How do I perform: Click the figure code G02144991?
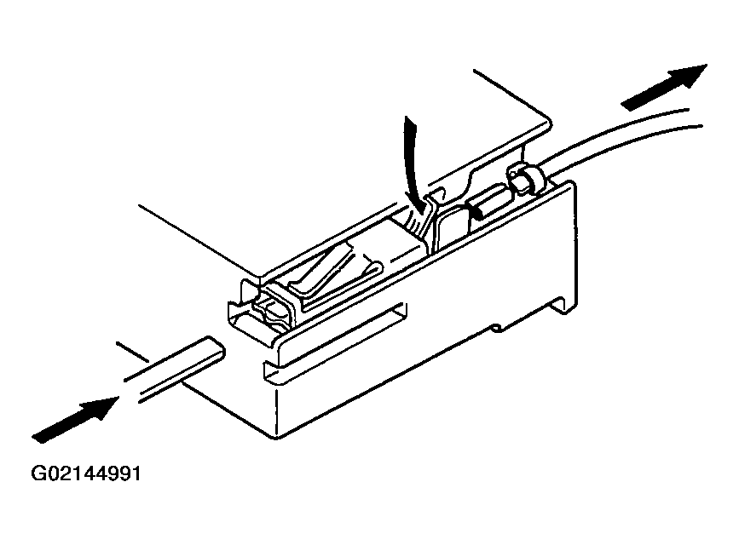[86, 473]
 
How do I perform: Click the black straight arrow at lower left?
[75, 420]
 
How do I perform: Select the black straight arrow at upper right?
[665, 88]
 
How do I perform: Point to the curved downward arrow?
[411, 165]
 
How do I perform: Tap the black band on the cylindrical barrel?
[473, 209]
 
